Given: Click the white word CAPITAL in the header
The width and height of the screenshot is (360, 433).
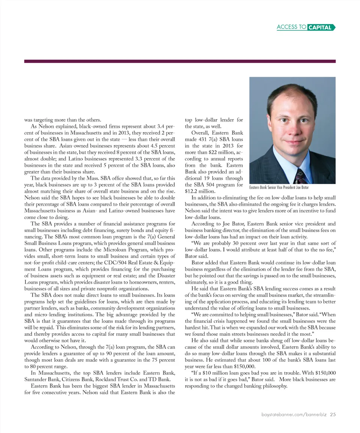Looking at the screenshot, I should click(319, 27).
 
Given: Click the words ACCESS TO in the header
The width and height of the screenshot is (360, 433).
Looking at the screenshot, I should click(291, 27).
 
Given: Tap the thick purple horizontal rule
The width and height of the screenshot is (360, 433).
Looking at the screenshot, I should click(180, 61).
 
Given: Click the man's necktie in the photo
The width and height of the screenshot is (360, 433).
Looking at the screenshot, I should click(300, 176).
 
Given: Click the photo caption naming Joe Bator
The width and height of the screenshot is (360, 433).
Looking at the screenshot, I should click(279, 187).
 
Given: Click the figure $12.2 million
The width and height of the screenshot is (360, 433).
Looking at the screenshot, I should click(198, 191).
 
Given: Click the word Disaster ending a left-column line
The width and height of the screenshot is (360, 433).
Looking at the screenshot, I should click(165, 276).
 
